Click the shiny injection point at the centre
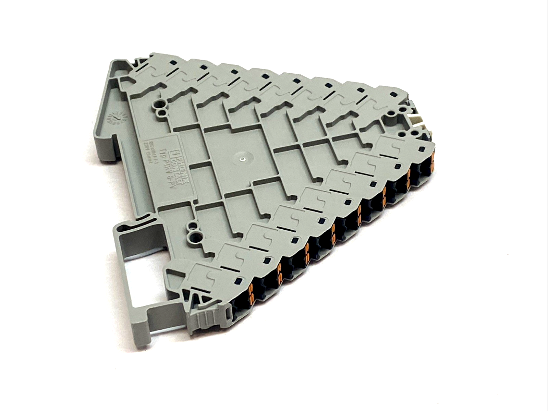[243, 159]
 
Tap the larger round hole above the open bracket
[196, 235]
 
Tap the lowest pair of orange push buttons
[253, 291]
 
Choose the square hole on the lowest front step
[238, 282]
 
